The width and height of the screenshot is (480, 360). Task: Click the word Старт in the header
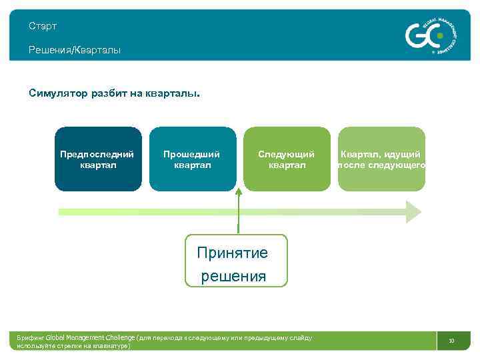[x=43, y=26]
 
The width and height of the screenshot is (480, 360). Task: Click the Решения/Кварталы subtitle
[x=75, y=50]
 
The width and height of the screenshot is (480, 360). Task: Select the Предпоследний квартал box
[x=98, y=159]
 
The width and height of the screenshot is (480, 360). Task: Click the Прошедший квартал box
[x=192, y=159]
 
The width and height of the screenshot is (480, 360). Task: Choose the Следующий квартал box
[x=287, y=159]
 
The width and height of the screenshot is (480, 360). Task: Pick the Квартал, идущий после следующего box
[x=381, y=159]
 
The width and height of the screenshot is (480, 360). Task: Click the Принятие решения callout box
[x=236, y=261]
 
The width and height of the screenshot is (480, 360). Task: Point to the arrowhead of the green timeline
[x=413, y=211]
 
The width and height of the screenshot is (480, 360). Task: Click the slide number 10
[x=451, y=341]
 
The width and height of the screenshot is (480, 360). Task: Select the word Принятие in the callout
[x=232, y=253]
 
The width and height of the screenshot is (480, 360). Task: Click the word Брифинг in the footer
[x=31, y=338]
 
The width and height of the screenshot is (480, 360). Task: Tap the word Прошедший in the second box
[x=192, y=154]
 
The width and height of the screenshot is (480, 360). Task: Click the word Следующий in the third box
[x=287, y=154]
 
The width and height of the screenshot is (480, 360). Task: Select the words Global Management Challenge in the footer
[x=91, y=338]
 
